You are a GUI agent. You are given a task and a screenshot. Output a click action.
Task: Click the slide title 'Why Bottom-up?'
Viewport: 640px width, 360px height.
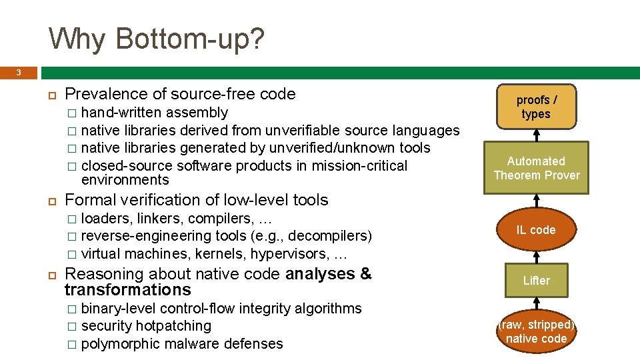coord(157,39)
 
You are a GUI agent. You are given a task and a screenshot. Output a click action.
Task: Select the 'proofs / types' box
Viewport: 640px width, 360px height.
coord(536,107)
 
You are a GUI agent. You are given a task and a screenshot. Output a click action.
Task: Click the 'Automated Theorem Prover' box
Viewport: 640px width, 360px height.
coord(536,168)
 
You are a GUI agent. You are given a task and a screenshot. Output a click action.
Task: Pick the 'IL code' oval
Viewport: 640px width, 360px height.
coord(536,230)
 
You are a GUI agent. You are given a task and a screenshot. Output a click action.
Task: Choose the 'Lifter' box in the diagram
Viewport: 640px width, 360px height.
coord(536,281)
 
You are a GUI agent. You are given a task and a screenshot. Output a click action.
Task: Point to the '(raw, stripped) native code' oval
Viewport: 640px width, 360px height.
coord(536,331)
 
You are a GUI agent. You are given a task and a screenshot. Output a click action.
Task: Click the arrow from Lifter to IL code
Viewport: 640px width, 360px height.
coord(536,255)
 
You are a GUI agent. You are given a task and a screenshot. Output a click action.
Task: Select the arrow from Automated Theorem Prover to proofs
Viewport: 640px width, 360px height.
coord(536,135)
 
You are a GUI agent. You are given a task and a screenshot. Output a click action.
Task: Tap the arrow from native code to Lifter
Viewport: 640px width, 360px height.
coord(536,303)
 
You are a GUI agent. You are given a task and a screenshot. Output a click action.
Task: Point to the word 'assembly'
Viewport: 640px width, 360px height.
coord(197,113)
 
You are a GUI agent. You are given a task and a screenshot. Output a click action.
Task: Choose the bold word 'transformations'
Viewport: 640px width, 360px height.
coord(127,290)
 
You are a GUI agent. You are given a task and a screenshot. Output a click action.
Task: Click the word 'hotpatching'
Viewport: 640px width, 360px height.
coord(173,326)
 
